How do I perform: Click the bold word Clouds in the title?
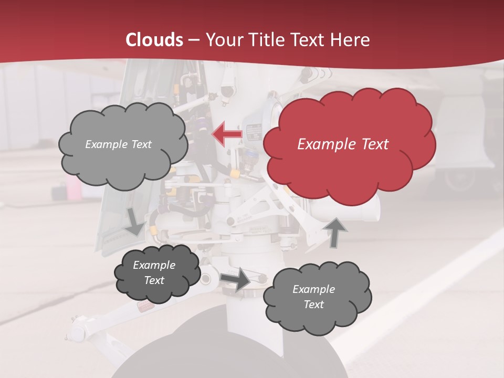154,40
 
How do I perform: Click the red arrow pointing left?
227,134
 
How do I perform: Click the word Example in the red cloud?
321,144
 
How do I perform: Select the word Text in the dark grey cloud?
154,280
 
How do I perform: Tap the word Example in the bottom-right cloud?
313,289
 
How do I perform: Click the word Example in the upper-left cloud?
107,144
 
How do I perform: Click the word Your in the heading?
223,40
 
